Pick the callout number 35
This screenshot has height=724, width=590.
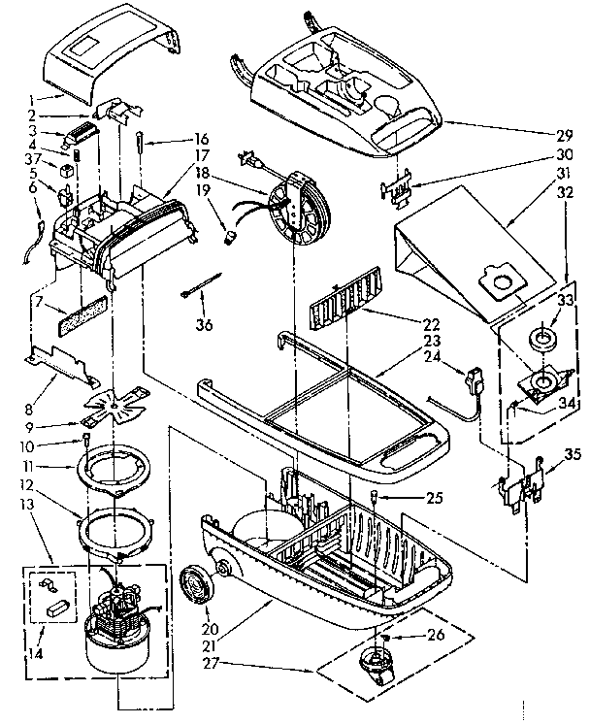click(x=573, y=453)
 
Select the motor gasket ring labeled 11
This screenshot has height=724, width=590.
click(x=117, y=471)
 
